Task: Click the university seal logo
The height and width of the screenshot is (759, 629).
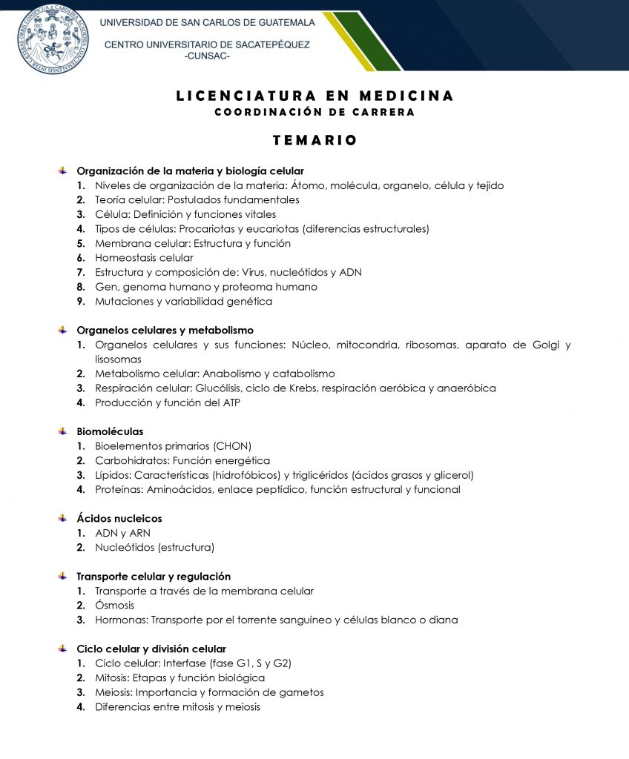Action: click(52, 38)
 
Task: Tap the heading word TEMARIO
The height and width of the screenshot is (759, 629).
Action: click(314, 140)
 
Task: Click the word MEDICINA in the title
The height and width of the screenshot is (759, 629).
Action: click(406, 96)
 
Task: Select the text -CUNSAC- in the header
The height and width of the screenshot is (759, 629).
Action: click(207, 56)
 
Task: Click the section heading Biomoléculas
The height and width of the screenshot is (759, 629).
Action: click(110, 431)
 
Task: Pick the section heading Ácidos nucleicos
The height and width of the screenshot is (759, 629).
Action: click(119, 518)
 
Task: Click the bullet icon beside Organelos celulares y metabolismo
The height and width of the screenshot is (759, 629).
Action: click(63, 330)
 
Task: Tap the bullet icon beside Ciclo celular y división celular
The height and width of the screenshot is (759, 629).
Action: click(63, 649)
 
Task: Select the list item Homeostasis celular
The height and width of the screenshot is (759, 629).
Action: click(144, 258)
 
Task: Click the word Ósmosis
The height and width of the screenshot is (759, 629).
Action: click(115, 606)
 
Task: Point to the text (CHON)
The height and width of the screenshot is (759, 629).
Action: click(232, 446)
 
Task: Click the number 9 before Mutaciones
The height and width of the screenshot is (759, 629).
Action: click(80, 302)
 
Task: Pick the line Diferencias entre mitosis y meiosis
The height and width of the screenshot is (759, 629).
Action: click(177, 706)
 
